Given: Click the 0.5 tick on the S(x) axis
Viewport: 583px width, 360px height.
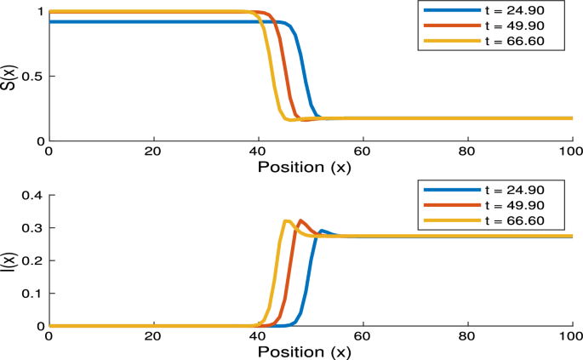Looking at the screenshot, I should click(32, 76).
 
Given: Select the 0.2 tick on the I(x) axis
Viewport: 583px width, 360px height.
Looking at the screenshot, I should click(32, 261).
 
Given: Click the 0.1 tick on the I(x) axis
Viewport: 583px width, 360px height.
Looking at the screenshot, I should click(32, 294).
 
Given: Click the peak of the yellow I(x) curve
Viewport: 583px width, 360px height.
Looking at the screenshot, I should click(287, 221).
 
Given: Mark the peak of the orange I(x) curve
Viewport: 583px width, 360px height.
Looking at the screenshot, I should click(301, 220).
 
